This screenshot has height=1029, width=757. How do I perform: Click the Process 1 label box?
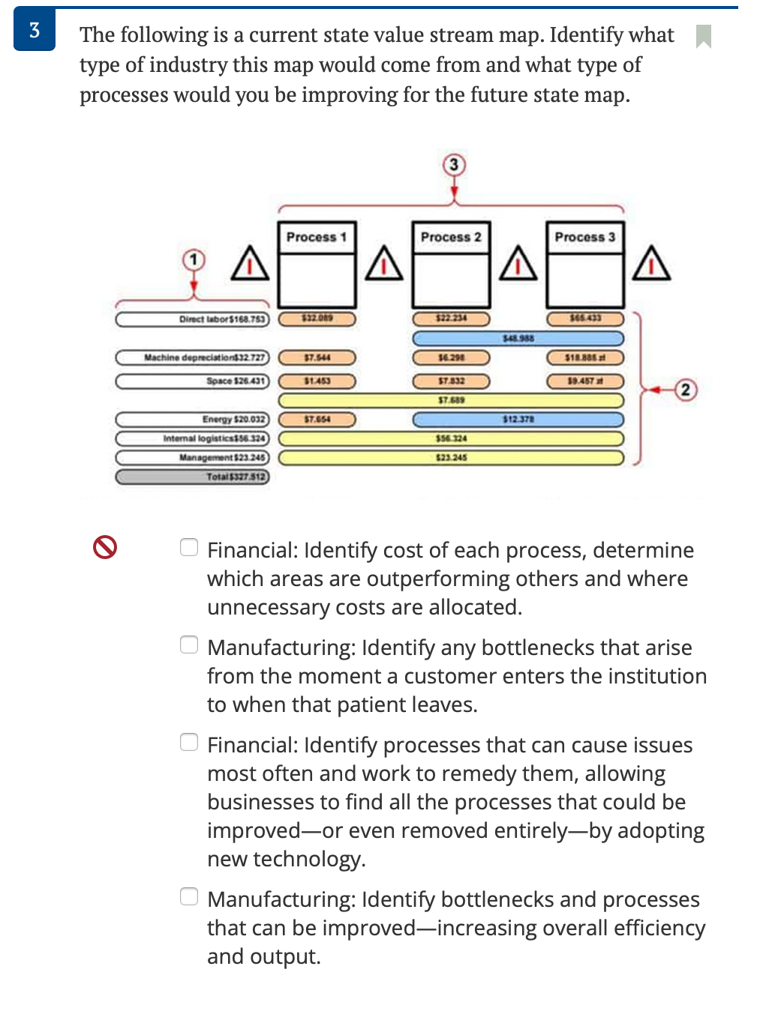click(316, 237)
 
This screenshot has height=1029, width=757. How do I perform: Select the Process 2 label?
click(451, 237)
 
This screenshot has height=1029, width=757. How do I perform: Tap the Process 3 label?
click(585, 237)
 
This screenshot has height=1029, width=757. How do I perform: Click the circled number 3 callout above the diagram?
click(453, 165)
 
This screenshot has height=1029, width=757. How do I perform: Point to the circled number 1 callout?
click(194, 260)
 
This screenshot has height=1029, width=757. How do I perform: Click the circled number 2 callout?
click(685, 390)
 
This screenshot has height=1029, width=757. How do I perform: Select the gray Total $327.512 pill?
click(192, 477)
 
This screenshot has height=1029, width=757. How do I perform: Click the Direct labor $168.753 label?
click(192, 319)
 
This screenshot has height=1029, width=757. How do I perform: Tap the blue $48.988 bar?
click(518, 339)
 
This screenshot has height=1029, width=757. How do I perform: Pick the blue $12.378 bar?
click(518, 420)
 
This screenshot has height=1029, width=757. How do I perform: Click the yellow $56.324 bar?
click(451, 438)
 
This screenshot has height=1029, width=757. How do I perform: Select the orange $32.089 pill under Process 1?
click(317, 319)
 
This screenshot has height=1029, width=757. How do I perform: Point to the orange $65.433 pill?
click(585, 319)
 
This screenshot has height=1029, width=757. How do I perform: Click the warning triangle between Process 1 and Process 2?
click(384, 264)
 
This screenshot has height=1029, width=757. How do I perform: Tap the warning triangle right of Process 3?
click(651, 264)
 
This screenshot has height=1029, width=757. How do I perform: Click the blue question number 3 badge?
click(35, 30)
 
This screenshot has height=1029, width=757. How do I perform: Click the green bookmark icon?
click(703, 35)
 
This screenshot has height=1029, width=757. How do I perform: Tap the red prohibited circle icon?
click(105, 547)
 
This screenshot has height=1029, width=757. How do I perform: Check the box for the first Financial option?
click(189, 548)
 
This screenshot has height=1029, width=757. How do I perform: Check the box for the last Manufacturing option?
click(189, 896)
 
